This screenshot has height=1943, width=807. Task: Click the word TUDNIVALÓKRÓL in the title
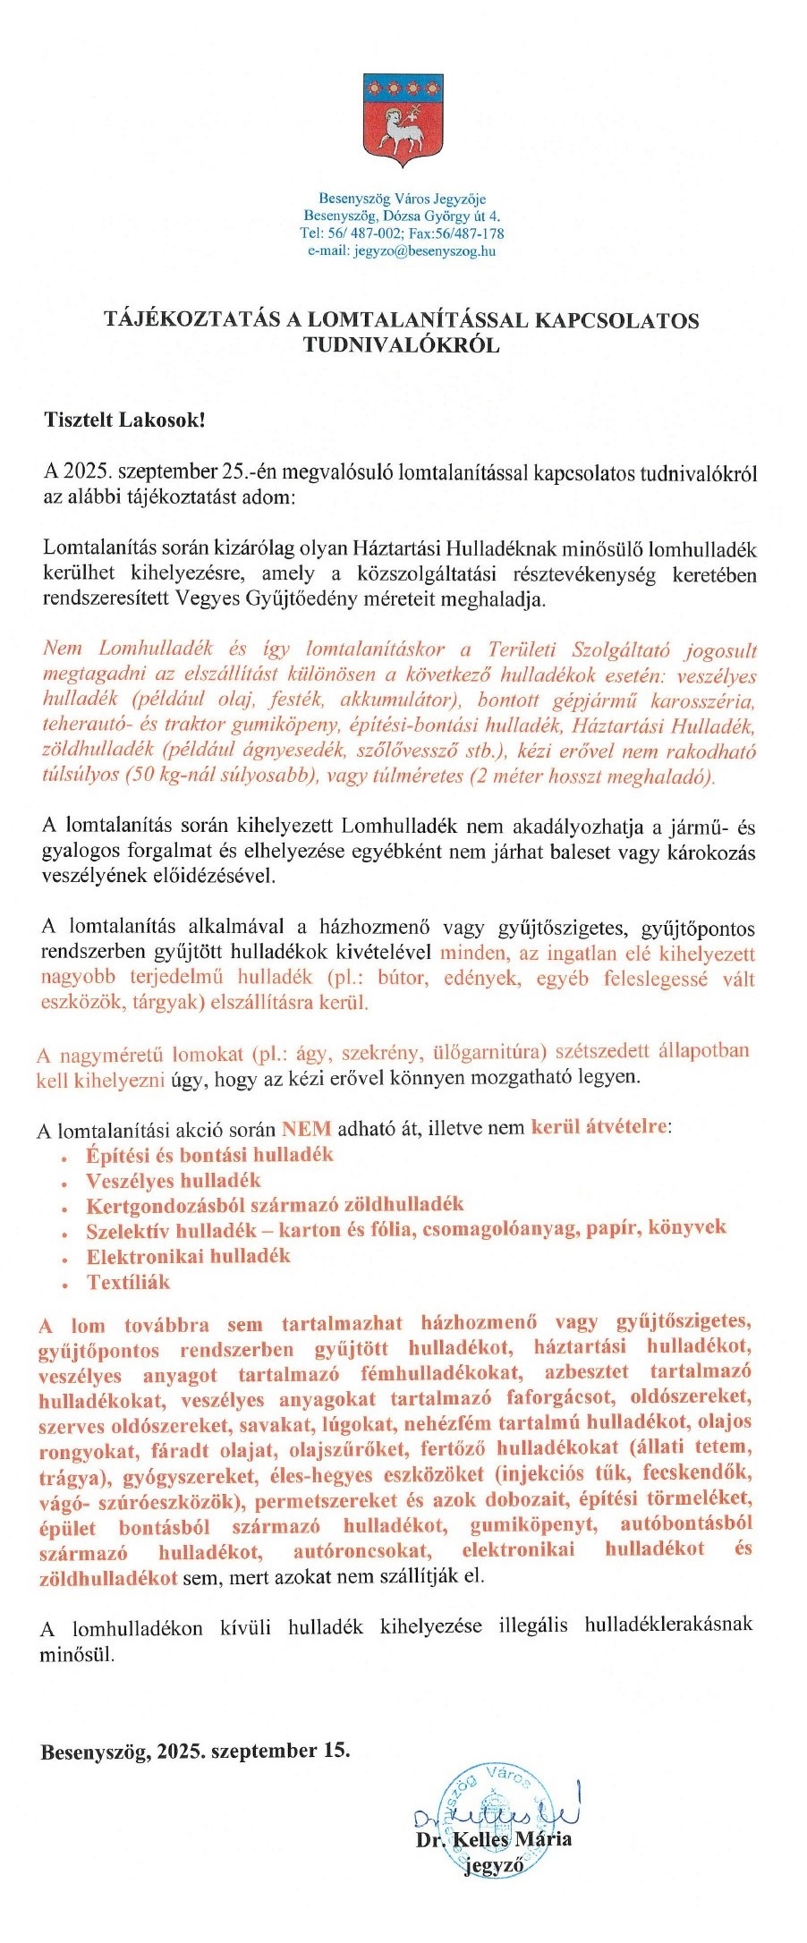[402, 344]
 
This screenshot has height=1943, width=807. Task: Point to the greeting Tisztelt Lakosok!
[124, 419]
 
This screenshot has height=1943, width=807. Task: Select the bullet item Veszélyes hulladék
[174, 1180]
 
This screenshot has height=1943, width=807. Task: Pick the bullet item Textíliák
[128, 1282]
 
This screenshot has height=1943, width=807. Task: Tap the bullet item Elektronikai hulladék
[188, 1256]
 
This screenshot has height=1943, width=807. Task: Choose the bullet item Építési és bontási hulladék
[209, 1154]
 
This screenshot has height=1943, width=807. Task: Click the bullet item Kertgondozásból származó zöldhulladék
[275, 1205]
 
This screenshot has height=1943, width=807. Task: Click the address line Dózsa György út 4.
[442, 216]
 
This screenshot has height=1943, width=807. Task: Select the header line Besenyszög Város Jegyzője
[402, 199]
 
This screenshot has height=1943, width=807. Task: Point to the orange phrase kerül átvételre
[599, 1126]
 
